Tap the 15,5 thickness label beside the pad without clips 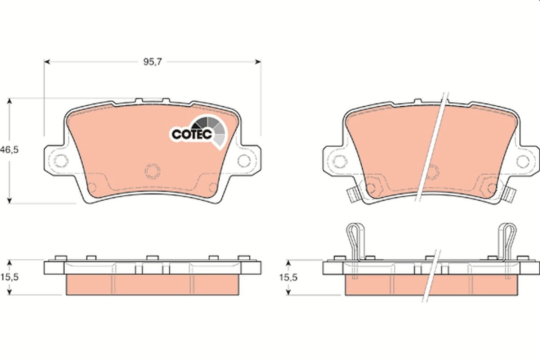[x=9, y=278]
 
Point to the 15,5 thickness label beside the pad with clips [x=288, y=278]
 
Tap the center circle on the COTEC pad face [x=152, y=171]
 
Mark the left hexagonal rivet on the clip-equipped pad [x=372, y=185]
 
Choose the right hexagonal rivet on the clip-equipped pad [x=489, y=185]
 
